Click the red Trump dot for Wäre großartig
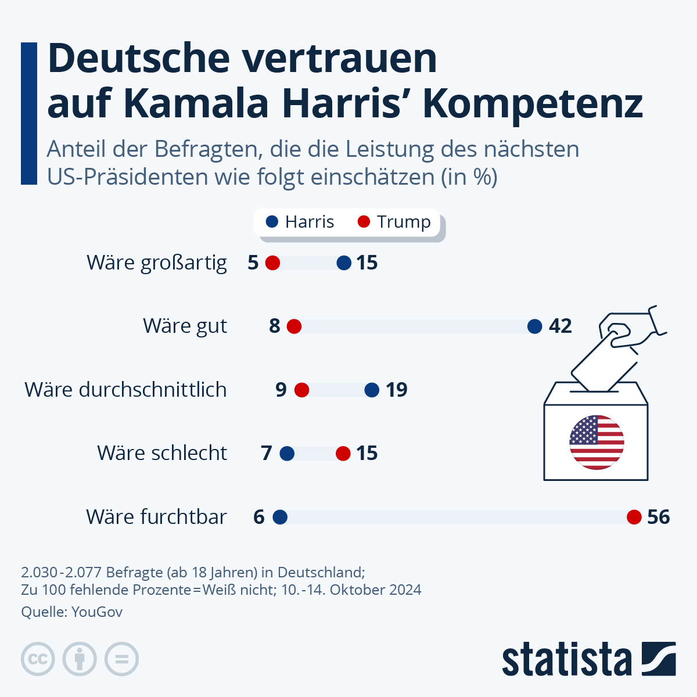point(273,263)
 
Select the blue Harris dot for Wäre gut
point(535,326)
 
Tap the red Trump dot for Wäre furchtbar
point(634,517)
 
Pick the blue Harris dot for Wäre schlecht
point(287,454)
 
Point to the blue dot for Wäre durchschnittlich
point(372,390)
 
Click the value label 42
point(561,326)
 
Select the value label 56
point(659,517)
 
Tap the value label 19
point(397,390)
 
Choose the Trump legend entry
point(394,222)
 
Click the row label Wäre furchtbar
point(156,517)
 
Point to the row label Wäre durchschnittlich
point(125,390)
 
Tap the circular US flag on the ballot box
point(597,443)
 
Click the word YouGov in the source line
point(97,612)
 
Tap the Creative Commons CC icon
point(38,659)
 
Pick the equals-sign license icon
point(121,659)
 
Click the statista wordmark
point(566,660)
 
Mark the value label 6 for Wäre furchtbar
point(259,517)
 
